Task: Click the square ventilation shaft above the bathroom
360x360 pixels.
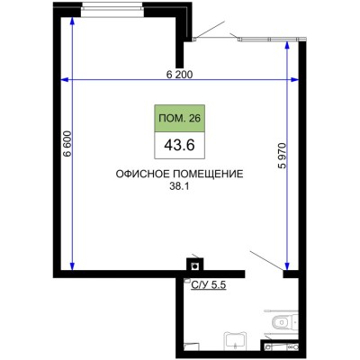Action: pos(193,265)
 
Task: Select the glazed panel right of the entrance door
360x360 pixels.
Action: pos(270,39)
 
